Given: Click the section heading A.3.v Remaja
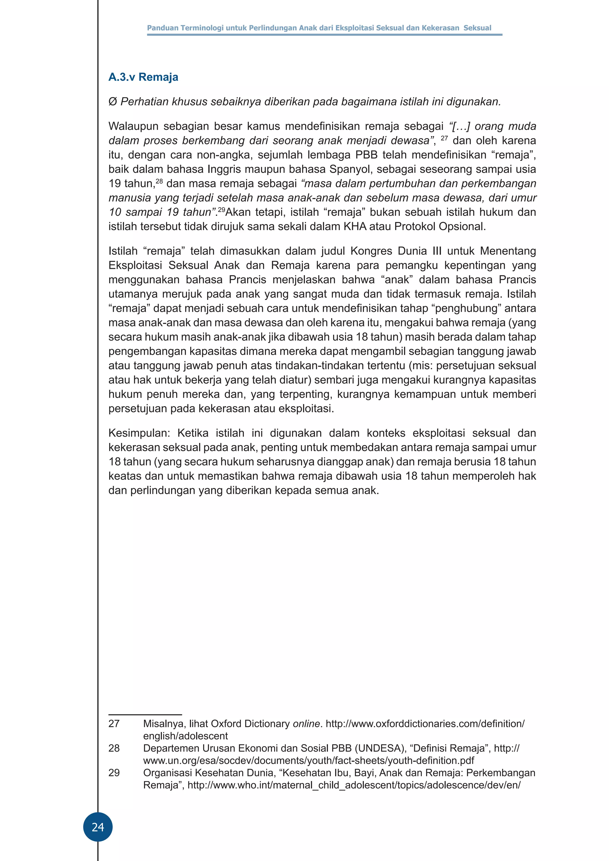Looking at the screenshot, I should click(x=143, y=77).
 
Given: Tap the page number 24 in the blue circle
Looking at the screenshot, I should click(x=98, y=827).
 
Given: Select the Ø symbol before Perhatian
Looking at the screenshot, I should click(x=112, y=102).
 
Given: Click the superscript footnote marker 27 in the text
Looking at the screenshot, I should click(x=444, y=138).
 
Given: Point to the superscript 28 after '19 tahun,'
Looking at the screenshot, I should click(x=159, y=181).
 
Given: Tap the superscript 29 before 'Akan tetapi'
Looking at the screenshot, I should click(x=221, y=210).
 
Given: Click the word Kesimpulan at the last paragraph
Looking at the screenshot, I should click(x=139, y=433).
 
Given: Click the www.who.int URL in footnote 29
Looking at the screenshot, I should click(x=354, y=785).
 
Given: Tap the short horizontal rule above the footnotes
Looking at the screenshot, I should click(x=145, y=715).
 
